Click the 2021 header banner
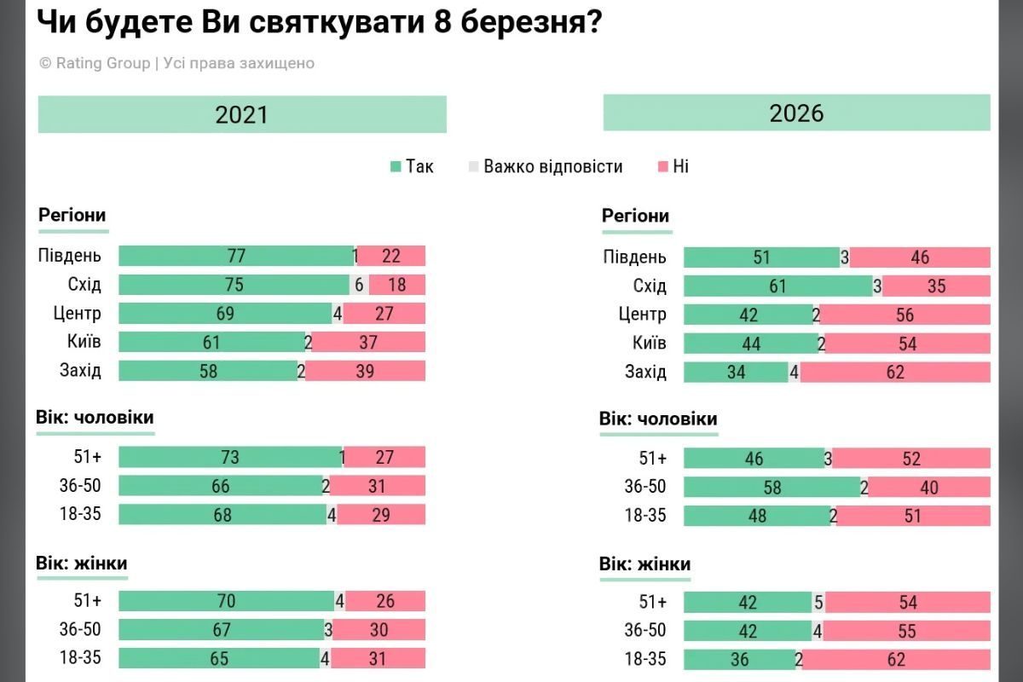click(x=242, y=114)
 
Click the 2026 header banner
click(x=796, y=113)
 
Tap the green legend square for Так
click(x=396, y=167)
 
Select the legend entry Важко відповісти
click(x=546, y=167)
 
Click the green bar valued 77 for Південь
click(x=235, y=256)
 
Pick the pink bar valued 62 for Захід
click(x=894, y=373)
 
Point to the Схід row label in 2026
click(x=650, y=286)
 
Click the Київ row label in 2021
click(x=84, y=342)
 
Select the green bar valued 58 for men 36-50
click(x=772, y=487)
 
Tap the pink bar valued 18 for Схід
click(x=397, y=285)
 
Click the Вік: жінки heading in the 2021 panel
click(x=82, y=564)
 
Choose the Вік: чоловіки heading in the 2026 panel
click(x=658, y=419)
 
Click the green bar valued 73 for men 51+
click(x=229, y=458)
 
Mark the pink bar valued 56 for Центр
click(x=905, y=315)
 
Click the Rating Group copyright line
click(x=176, y=64)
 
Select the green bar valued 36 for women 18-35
click(x=739, y=660)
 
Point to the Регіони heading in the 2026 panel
click(x=636, y=217)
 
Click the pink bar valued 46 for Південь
click(x=920, y=257)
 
